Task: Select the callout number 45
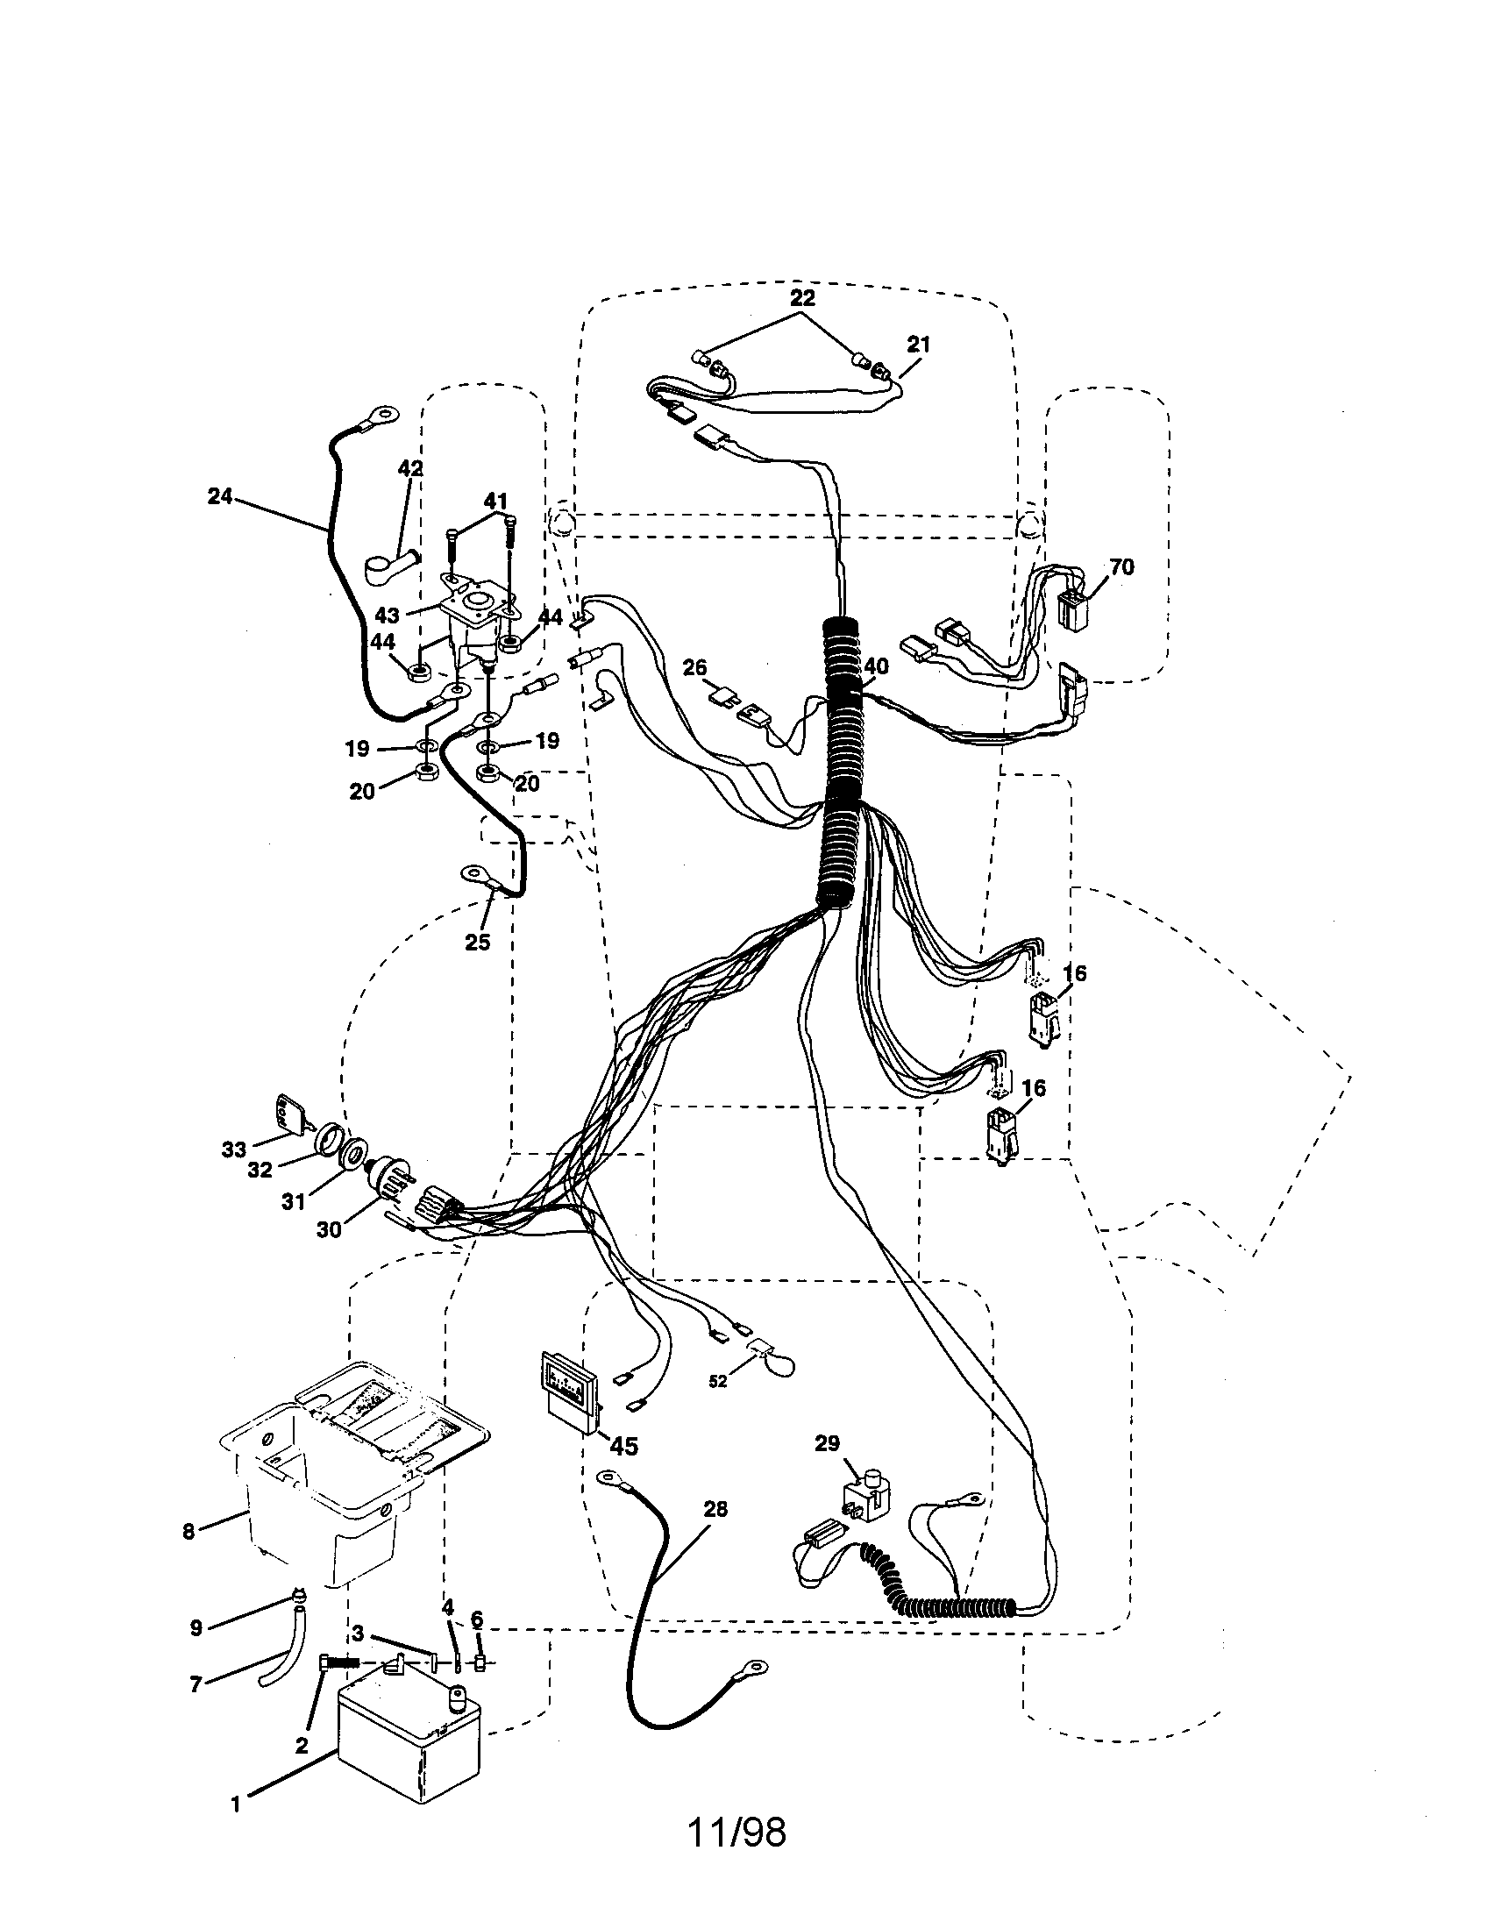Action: coord(623,1446)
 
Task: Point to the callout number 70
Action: coord(1121,567)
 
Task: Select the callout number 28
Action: coord(715,1509)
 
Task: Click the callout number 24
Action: coord(219,497)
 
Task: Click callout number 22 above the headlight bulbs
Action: coord(801,298)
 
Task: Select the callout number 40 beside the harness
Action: coord(877,667)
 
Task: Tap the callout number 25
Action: coord(477,942)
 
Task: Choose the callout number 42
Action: coord(410,469)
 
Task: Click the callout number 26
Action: coord(695,668)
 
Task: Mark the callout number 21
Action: coord(918,345)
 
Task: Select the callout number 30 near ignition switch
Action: coord(330,1228)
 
